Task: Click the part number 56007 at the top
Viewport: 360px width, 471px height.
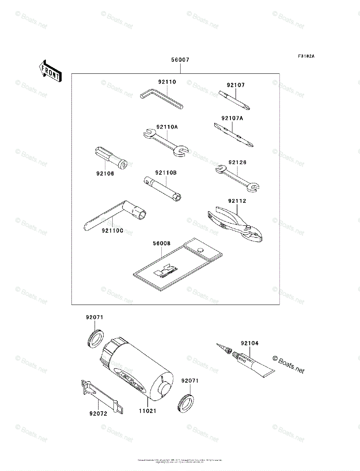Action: (180, 60)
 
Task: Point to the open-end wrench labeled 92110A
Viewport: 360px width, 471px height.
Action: (165, 142)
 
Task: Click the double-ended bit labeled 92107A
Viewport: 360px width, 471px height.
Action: (233, 134)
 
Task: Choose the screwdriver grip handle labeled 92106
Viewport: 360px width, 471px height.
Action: (110, 159)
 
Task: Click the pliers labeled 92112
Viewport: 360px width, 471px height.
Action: (233, 224)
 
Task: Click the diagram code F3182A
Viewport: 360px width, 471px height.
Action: (306, 57)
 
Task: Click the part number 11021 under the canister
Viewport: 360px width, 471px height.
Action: (147, 411)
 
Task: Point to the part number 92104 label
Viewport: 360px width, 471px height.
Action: (250, 343)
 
